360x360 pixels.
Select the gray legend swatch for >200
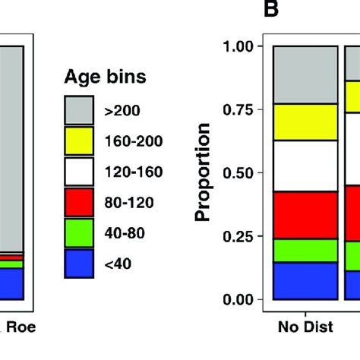point(78,110)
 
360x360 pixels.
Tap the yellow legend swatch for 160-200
point(78,141)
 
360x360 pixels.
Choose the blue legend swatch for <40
point(78,264)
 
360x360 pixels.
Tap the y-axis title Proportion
point(203,173)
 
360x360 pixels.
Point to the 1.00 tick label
point(238,46)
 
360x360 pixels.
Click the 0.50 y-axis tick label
point(238,173)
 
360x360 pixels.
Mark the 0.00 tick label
point(238,299)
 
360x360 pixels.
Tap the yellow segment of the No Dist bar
point(305,122)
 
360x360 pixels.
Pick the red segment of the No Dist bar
point(305,215)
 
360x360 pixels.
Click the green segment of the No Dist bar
point(305,250)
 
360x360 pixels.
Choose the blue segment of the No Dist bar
point(305,280)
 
